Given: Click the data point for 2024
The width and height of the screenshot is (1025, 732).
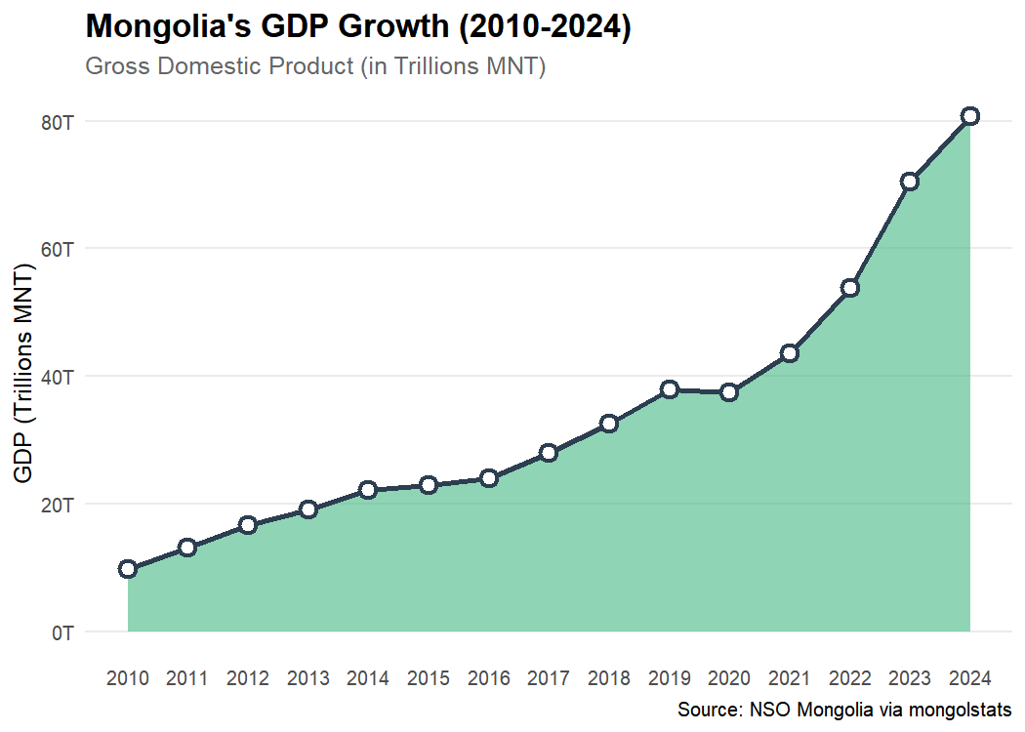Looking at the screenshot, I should pos(969,116).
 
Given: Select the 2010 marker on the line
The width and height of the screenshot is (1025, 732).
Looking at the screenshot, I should pos(128,569).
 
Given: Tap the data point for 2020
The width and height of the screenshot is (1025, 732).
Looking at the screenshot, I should pos(729,392).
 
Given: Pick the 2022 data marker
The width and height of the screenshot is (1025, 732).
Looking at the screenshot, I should pos(849,288).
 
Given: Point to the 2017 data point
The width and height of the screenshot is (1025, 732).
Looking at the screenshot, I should pos(549,453).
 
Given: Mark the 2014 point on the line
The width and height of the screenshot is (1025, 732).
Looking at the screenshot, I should pos(368,490).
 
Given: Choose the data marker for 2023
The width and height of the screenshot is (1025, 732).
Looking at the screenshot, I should pos(910,182).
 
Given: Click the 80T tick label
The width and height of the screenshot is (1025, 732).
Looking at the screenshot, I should pos(57,122).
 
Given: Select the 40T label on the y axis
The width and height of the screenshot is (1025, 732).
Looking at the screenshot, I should pos(57,377).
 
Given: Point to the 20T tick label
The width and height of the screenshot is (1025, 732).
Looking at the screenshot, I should pos(57,505).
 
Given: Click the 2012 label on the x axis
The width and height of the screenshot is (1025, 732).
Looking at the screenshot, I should pos(248,678).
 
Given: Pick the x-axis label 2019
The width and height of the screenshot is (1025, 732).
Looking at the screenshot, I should pos(669,678).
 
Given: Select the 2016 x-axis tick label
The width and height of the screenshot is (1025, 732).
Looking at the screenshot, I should pos(488,678).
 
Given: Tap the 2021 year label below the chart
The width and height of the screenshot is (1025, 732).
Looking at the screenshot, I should pos(789,678).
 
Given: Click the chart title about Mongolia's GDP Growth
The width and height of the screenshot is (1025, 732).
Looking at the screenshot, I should pos(359,27).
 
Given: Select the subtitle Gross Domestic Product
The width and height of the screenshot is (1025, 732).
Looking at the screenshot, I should pos(315,67).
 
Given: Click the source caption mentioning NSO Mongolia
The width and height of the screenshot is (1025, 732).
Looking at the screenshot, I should pos(843,710).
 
